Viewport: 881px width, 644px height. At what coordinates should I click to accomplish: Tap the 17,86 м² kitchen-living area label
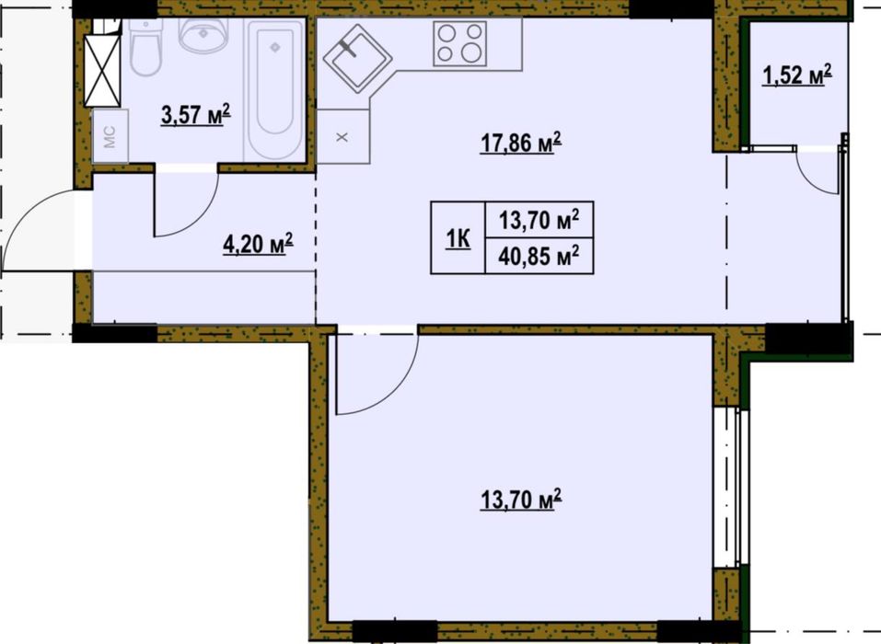click(521, 143)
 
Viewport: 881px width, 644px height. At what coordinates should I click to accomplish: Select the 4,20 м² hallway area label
click(259, 244)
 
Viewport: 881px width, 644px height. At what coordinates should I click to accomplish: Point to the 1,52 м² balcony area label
click(796, 75)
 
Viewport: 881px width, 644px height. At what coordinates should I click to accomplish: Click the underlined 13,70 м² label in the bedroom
click(521, 500)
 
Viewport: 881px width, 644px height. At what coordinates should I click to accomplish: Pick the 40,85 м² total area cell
click(539, 257)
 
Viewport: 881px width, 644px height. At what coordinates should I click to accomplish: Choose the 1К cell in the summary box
click(458, 237)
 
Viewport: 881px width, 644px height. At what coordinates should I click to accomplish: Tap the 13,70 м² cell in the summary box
click(539, 220)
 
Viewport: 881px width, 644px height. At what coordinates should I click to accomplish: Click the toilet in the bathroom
click(145, 47)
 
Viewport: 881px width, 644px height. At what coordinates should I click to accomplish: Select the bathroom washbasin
click(203, 34)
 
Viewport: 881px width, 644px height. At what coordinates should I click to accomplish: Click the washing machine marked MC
click(110, 136)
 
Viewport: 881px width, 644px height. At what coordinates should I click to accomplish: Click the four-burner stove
click(459, 44)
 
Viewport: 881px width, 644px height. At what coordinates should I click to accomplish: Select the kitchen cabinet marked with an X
click(342, 136)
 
